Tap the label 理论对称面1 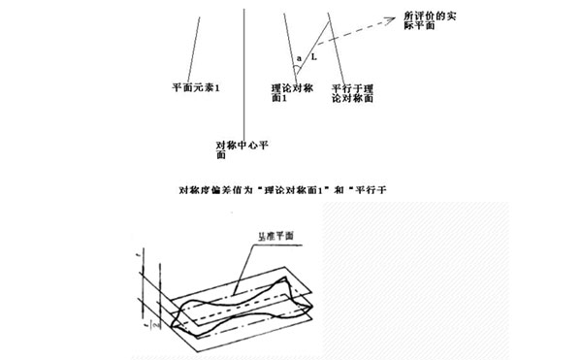tap(292, 93)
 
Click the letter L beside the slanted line tap(312, 59)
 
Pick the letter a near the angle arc tap(298, 59)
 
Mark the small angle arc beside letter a tap(296, 70)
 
